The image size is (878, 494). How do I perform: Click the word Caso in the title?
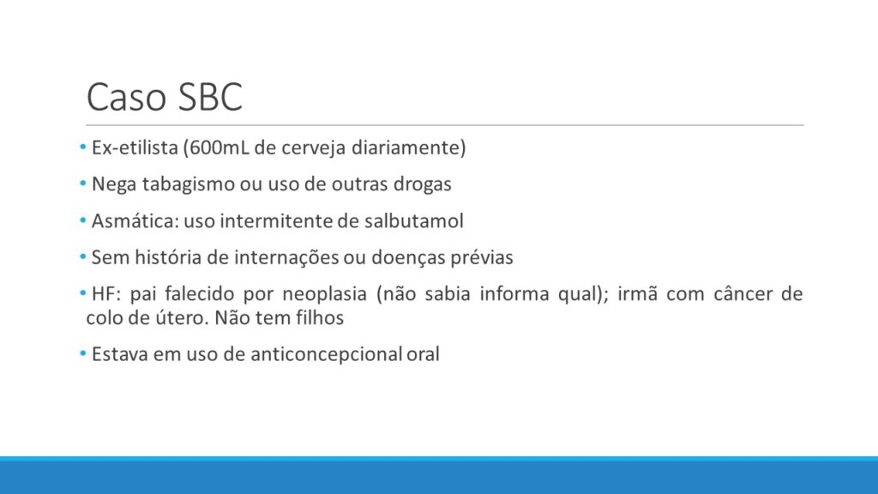[127, 97]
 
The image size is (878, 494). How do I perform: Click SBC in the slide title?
[211, 97]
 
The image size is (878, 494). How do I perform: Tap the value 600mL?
[219, 148]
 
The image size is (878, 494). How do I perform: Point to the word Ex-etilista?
[135, 148]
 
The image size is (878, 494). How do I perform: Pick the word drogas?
[422, 184]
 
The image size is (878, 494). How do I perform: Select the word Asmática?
[135, 220]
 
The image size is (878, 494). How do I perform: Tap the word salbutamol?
[414, 220]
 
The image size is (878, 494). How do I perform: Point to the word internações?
[286, 257]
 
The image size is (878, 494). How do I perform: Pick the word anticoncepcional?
[326, 354]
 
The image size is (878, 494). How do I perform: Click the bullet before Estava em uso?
[83, 354]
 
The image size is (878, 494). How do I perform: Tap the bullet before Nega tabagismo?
[83, 184]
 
